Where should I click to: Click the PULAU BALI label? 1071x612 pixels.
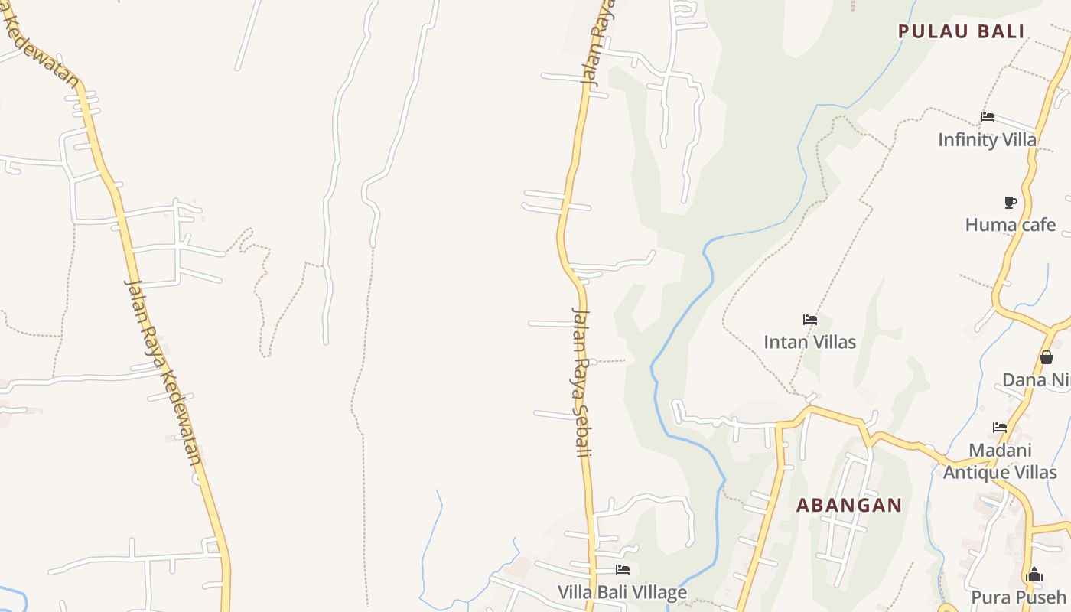coord(961,31)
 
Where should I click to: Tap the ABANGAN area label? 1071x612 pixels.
coord(849,505)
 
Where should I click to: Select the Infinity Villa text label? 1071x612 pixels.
coord(987,140)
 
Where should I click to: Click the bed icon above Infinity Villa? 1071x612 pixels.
coord(988,117)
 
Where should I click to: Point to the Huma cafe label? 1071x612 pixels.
coord(1010,225)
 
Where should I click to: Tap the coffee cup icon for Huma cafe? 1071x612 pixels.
coord(1011,202)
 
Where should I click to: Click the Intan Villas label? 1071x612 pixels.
coord(809,342)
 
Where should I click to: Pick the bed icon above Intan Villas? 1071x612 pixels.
coord(810,319)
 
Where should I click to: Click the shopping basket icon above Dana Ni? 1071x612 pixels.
coord(1046,357)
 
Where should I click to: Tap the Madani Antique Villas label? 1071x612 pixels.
coord(1000,461)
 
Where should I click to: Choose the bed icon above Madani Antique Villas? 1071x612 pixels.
coord(1000,427)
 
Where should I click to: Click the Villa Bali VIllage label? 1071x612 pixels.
coord(622,593)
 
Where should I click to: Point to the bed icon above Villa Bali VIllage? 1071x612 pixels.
coord(623,570)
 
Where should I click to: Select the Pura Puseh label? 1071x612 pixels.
coord(1018,597)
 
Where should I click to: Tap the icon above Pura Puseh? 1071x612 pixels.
coord(1034,575)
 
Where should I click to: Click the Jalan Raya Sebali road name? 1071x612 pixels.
coord(581,382)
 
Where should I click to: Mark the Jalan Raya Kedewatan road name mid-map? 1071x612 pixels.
coord(163,371)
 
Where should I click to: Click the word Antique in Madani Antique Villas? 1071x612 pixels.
coord(976,473)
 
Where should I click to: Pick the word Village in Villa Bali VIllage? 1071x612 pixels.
coord(656,593)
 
